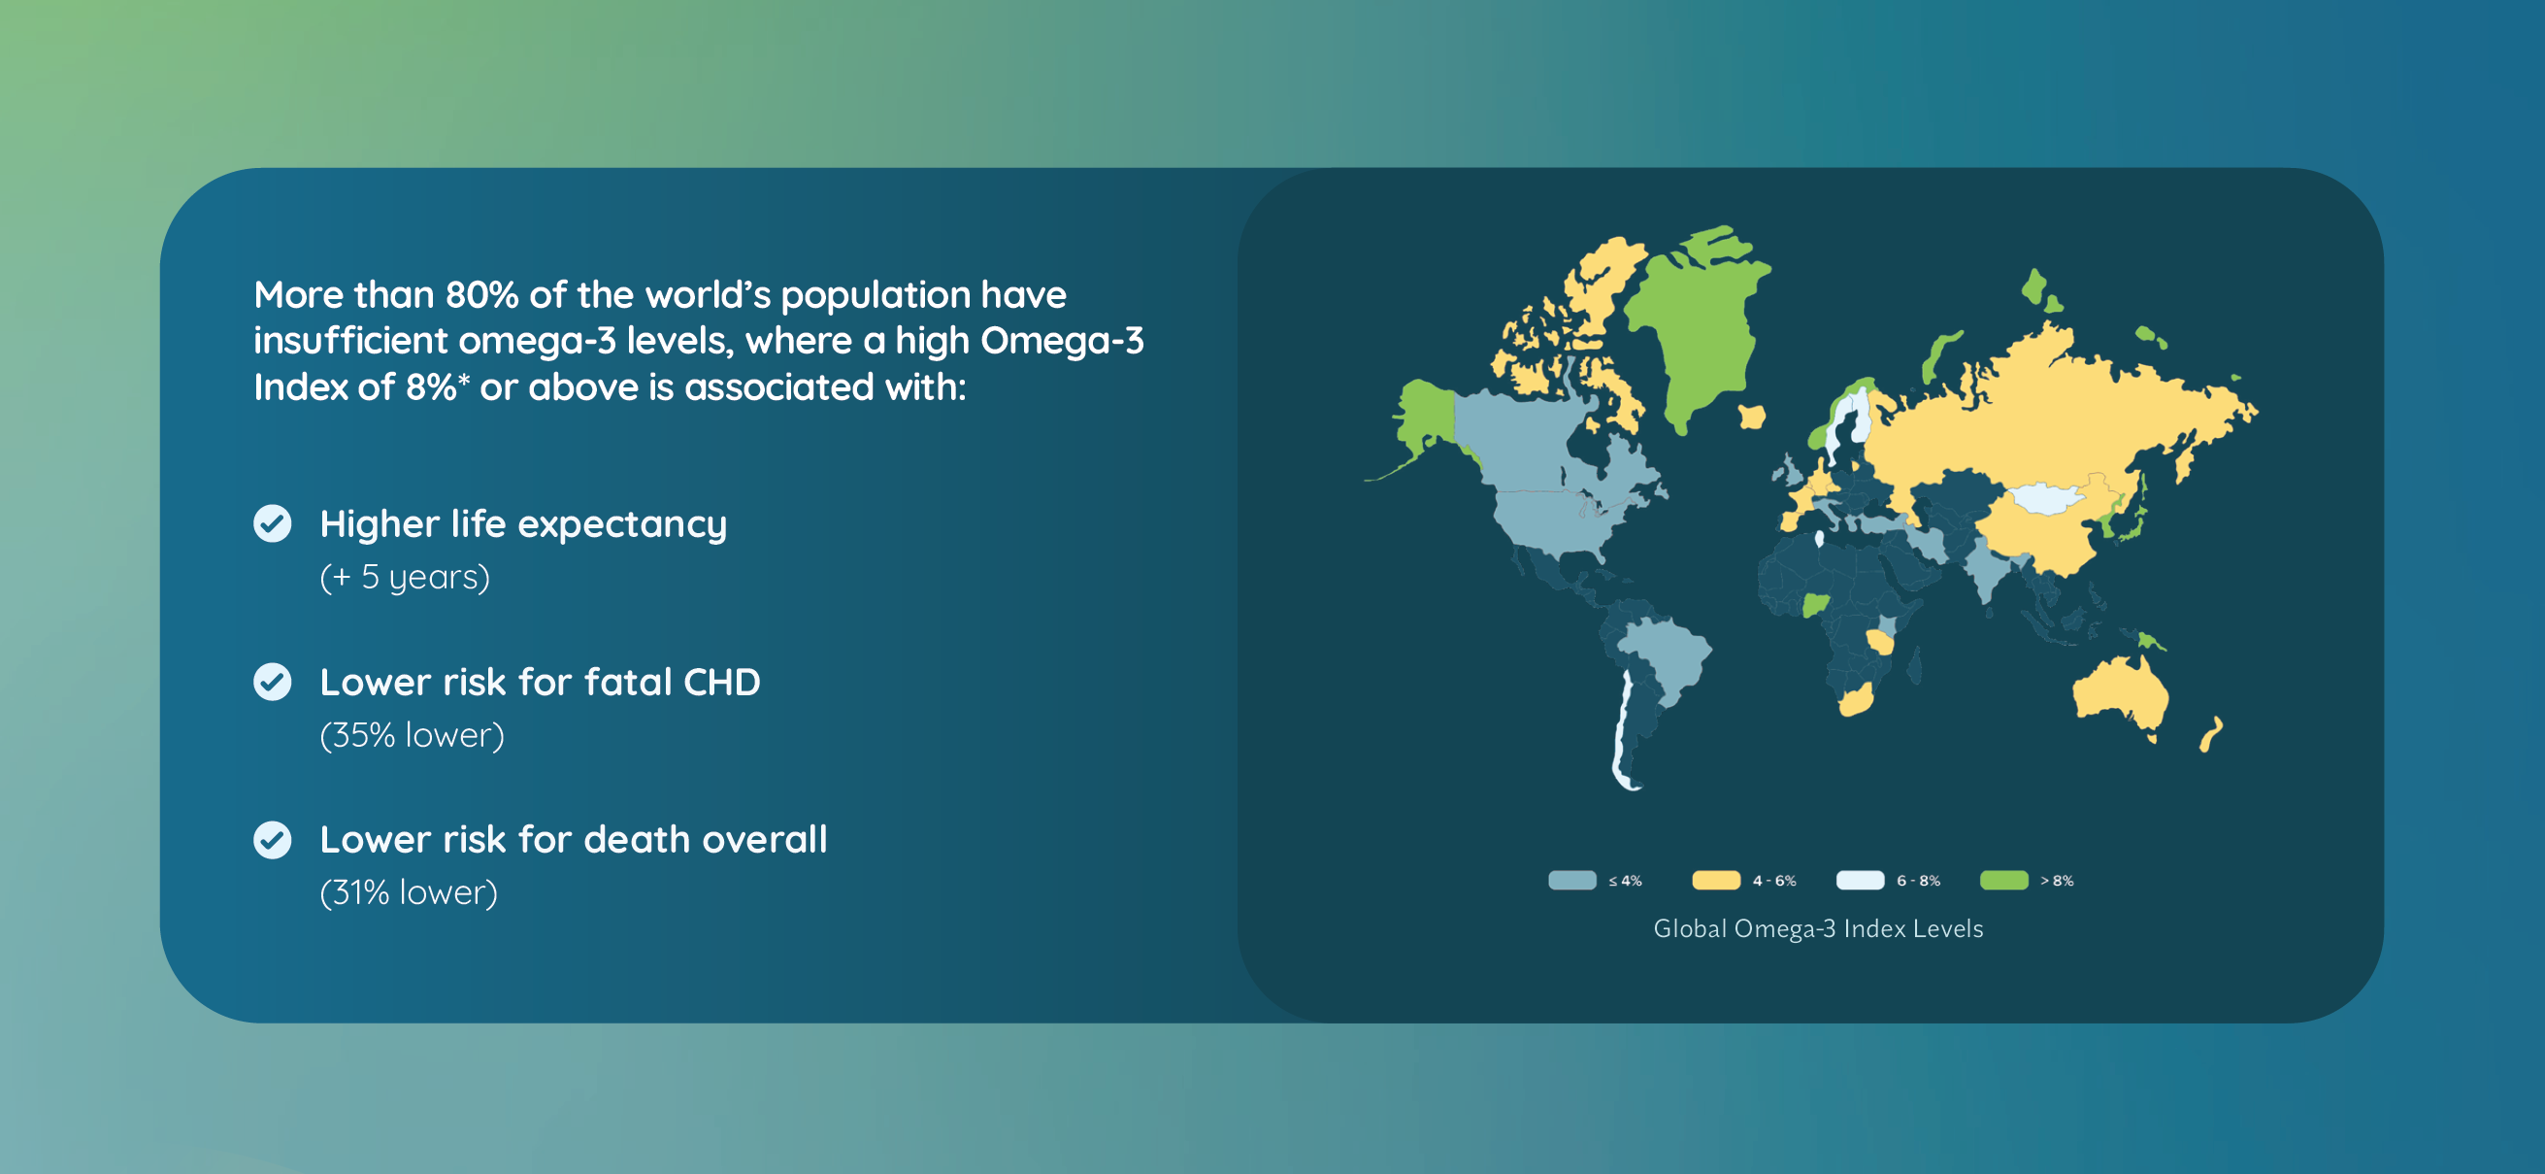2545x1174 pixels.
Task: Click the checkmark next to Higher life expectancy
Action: click(273, 523)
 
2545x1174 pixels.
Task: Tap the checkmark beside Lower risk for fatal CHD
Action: click(273, 682)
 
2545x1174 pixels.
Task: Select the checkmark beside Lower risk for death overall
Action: click(273, 840)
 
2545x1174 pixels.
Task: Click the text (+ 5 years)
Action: click(405, 577)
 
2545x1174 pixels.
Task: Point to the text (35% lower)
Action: click(412, 735)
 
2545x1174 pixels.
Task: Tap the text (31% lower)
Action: click(409, 893)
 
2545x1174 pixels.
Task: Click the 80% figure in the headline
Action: click(482, 294)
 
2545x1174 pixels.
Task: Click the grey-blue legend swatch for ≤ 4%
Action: click(1571, 881)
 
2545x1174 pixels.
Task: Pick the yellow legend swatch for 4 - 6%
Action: click(1716, 881)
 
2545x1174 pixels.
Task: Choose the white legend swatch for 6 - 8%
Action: click(1861, 881)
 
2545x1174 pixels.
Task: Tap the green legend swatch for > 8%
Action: click(2004, 881)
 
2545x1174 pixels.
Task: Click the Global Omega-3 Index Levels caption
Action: click(1819, 929)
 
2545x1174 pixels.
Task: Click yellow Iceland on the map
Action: click(1752, 416)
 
